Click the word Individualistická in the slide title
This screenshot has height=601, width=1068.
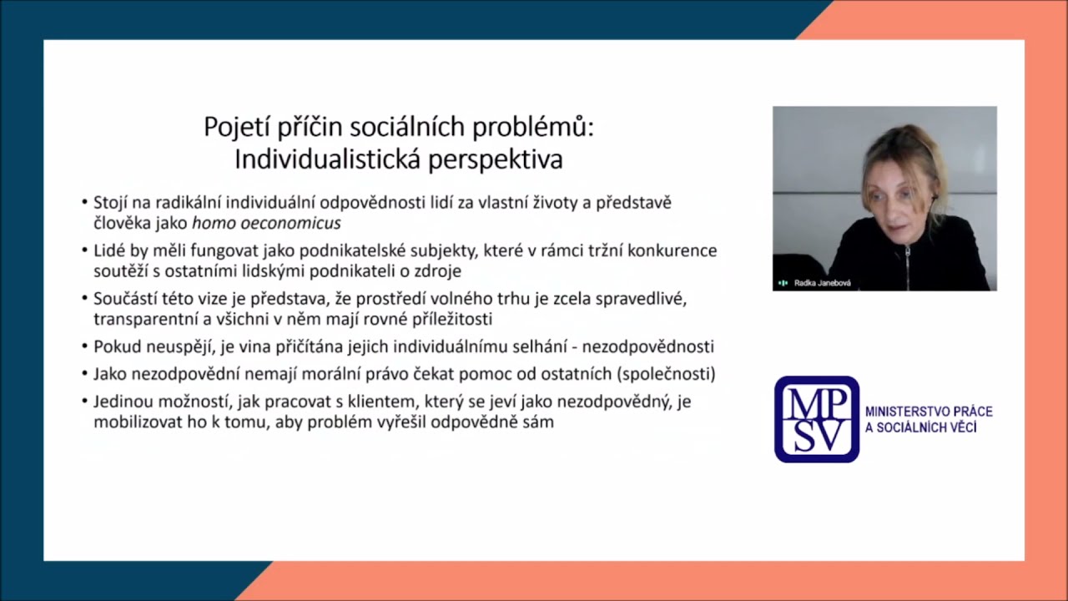point(329,159)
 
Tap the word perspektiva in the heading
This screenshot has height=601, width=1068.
point(496,159)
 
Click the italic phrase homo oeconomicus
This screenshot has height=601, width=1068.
point(266,224)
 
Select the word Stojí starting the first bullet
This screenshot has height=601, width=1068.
point(109,202)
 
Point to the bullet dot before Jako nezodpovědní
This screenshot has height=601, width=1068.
point(85,374)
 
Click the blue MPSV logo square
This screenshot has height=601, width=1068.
point(816,419)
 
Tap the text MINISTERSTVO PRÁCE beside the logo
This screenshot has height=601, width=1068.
point(929,412)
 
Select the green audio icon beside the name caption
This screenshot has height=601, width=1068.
point(783,283)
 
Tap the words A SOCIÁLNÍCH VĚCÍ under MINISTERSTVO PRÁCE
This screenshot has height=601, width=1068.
point(920,428)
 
